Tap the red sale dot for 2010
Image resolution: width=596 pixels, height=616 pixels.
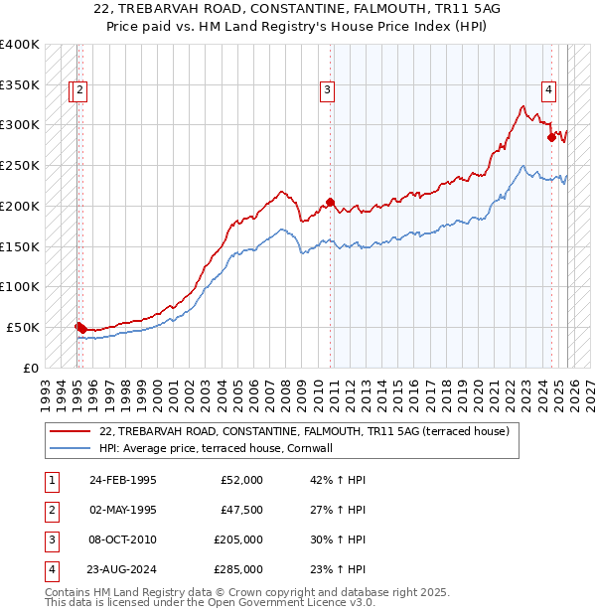tap(331, 202)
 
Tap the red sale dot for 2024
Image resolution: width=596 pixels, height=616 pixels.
tap(551, 137)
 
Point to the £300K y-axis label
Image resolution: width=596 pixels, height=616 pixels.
tap(19, 125)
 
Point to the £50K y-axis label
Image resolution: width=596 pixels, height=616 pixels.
tap(23, 327)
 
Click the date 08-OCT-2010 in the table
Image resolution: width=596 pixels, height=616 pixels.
tap(122, 539)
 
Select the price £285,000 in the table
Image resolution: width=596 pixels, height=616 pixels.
tap(238, 569)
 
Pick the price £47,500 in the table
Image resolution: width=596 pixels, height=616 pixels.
tap(241, 510)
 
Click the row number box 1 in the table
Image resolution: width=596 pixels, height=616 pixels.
tap(51, 480)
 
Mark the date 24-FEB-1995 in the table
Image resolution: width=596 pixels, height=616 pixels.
tap(122, 480)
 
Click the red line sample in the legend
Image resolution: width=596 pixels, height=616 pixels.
tap(70, 431)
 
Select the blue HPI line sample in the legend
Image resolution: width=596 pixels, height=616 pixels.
tap(70, 448)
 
